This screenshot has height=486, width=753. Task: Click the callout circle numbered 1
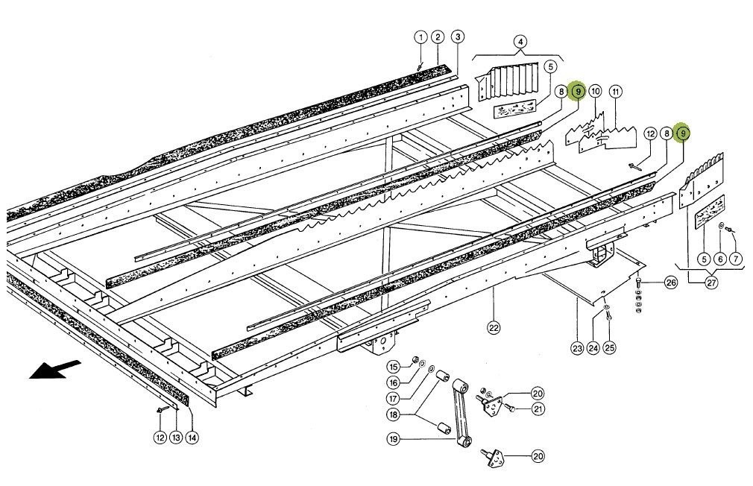(420, 37)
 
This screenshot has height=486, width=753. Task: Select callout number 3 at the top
(457, 37)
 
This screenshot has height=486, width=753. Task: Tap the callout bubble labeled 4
(519, 41)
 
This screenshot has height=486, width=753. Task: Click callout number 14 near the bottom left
(192, 438)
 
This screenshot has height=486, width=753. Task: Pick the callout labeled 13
(176, 438)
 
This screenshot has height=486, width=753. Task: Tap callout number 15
(393, 366)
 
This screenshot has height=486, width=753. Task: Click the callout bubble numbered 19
(393, 439)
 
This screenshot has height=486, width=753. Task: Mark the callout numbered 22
(493, 327)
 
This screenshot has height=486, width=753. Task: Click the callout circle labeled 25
(609, 347)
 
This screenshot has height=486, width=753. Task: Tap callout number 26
(670, 283)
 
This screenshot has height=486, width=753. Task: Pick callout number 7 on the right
(736, 259)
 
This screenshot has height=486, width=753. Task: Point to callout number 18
(393, 414)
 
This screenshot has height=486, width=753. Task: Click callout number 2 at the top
(438, 37)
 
